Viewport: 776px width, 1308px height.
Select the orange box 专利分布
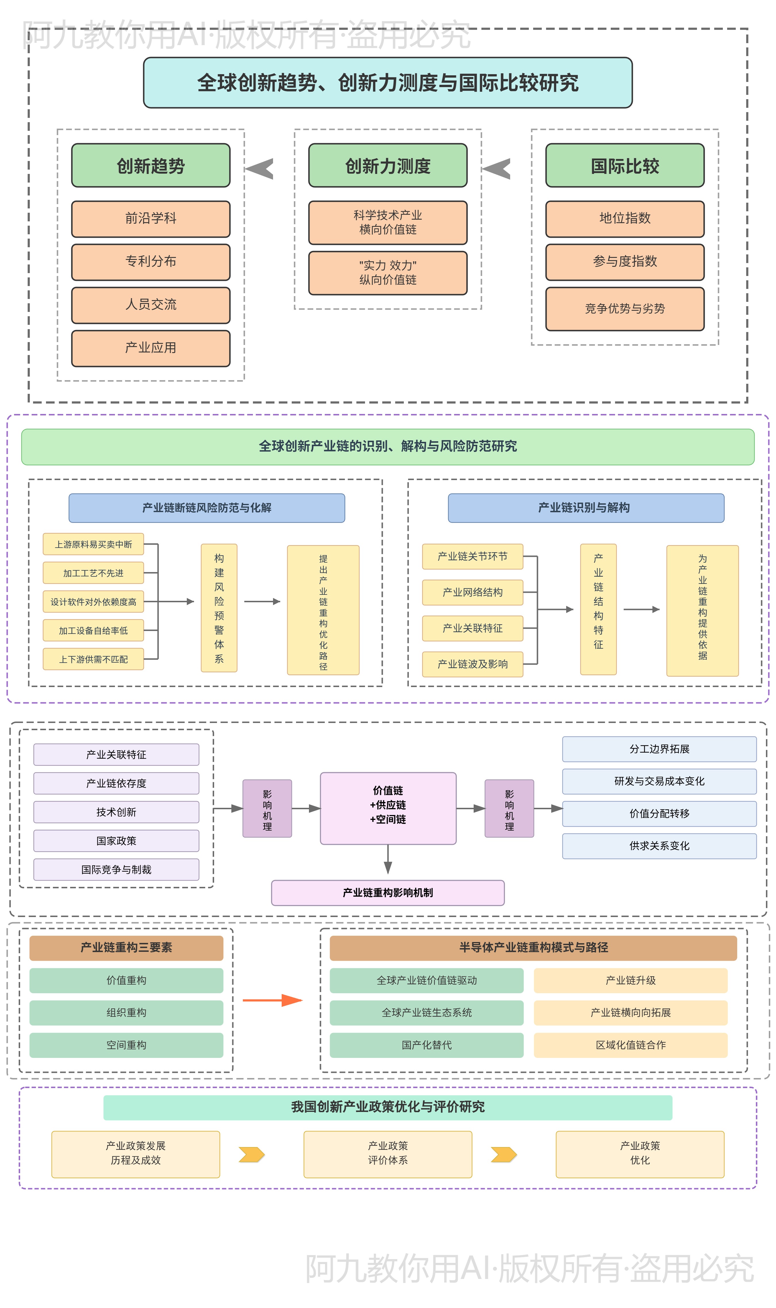tap(151, 262)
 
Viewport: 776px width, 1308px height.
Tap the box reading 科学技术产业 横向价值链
tap(387, 222)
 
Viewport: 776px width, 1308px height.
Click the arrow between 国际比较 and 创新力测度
tap(497, 168)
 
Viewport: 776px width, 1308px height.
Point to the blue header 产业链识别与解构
tap(586, 507)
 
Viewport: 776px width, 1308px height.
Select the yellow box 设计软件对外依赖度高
tap(93, 601)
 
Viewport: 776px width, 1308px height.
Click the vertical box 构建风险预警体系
tap(219, 608)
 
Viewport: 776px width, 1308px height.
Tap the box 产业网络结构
tap(472, 592)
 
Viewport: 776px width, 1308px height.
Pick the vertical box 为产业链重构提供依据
tap(702, 610)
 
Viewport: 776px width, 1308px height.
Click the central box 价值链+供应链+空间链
tap(387, 808)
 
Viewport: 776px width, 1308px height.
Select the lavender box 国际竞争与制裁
tap(116, 869)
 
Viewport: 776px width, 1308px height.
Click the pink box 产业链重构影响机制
tap(387, 892)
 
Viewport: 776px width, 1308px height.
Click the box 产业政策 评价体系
tap(387, 1153)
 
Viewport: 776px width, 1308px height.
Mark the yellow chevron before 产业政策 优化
tap(504, 1154)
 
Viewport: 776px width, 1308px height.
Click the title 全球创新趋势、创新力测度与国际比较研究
tap(387, 83)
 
